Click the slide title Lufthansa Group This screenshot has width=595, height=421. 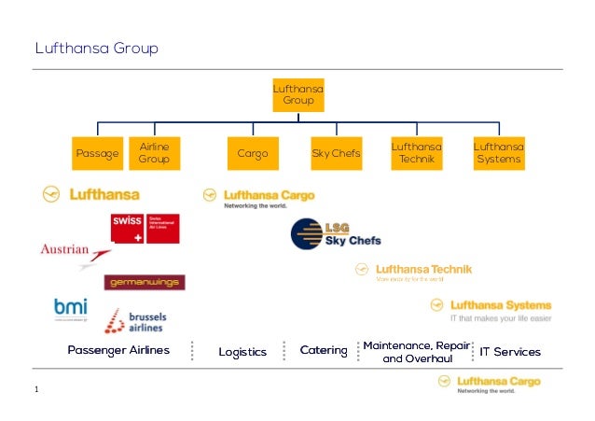[96, 48]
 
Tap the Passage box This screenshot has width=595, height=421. [97, 153]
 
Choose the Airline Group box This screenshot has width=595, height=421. [153, 153]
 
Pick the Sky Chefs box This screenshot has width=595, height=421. [336, 153]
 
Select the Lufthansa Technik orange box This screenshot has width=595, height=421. [415, 153]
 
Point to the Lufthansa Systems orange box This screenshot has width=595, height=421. [498, 153]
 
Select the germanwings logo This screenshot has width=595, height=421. [145, 282]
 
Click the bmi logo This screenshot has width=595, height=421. [70, 309]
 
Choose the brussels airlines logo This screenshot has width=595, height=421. [132, 320]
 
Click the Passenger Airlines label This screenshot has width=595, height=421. [118, 351]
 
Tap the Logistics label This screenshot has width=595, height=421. [242, 352]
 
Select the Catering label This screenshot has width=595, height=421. [324, 351]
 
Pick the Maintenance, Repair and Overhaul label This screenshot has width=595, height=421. [416, 352]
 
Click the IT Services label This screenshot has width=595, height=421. [510, 352]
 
